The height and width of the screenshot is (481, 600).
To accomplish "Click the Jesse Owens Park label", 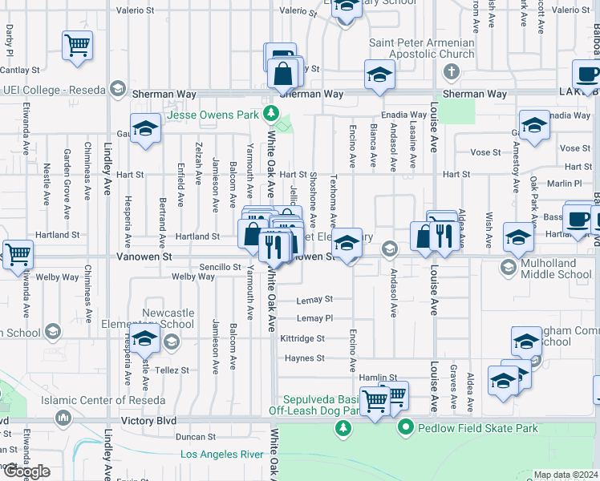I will click(214, 115).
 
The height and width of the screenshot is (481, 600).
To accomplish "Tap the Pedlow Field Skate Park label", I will click(478, 428).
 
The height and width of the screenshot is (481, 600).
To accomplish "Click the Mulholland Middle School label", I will click(557, 268).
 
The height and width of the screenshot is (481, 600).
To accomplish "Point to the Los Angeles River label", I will click(221, 455).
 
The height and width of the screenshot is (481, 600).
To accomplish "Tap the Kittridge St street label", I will click(302, 339).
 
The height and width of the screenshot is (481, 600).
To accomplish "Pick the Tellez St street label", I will click(172, 370).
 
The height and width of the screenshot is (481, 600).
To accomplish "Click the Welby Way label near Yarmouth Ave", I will click(193, 277).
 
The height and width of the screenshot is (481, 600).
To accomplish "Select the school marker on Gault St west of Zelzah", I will click(145, 129).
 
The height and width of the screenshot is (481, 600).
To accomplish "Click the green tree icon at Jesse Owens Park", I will click(273, 113).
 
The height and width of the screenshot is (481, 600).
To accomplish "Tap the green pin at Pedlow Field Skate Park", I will click(407, 428).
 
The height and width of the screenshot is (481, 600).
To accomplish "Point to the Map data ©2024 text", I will click(566, 475).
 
